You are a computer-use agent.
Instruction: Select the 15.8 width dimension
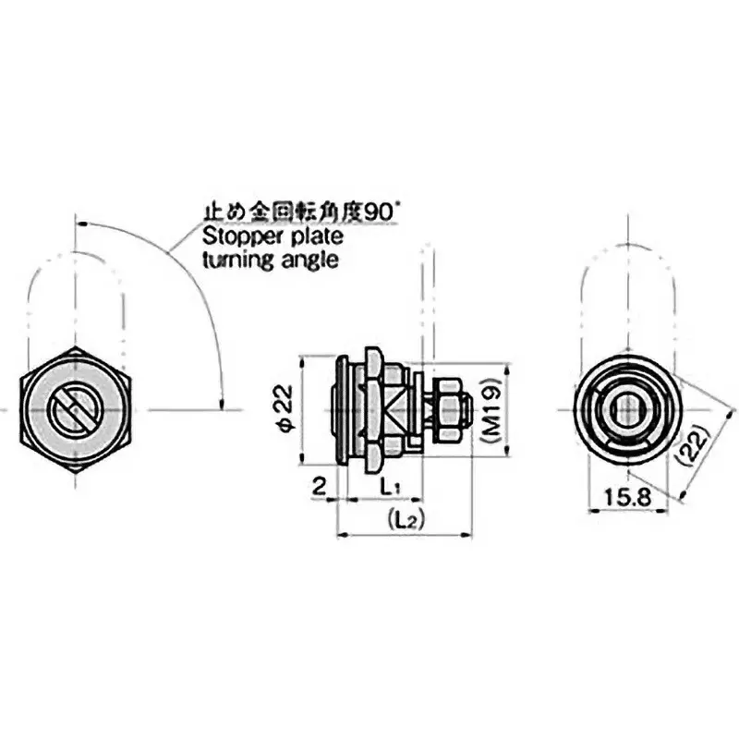pos(628,498)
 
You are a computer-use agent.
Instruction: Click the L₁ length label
pos(390,485)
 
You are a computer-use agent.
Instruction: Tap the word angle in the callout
pos(308,261)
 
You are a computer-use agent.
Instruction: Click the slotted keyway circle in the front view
pos(74,409)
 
